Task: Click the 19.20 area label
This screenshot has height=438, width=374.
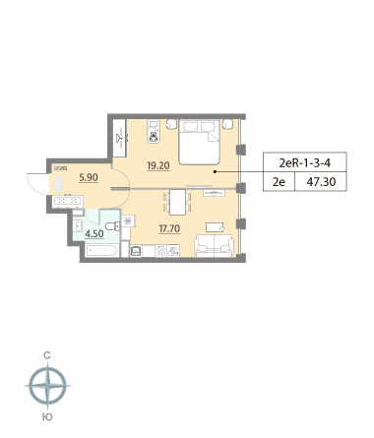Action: point(158,166)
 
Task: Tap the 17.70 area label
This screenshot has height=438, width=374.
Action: point(169,228)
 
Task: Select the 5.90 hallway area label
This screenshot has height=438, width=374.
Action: point(89,177)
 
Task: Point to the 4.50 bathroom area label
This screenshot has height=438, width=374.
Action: point(94,234)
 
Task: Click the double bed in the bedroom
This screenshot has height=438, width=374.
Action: point(199,142)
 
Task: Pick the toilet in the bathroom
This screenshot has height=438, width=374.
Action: point(113,226)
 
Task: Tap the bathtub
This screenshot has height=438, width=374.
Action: point(101,251)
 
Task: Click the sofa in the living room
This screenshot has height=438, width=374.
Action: point(214,245)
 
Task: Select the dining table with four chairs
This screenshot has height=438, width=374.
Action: point(177,202)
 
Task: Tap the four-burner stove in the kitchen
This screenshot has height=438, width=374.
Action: point(160,251)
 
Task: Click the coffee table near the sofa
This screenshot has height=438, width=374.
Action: point(215,227)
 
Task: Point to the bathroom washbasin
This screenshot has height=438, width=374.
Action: point(78,225)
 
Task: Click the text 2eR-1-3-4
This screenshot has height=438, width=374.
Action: point(305,163)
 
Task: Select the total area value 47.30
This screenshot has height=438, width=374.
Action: point(321,181)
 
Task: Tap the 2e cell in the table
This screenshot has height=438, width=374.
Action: point(279,181)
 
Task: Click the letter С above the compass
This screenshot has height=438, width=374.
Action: point(47,355)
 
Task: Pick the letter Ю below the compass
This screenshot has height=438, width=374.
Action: point(47,417)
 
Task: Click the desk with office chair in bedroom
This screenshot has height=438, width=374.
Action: point(154,132)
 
